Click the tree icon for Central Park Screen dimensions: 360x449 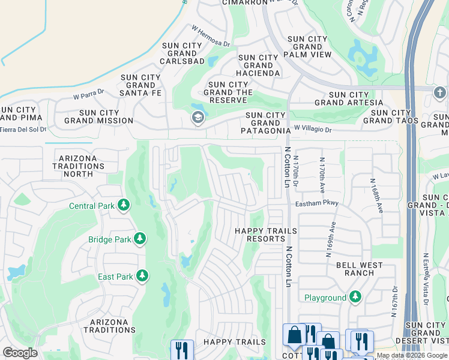[x=124, y=206]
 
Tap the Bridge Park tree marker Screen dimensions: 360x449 [x=140, y=239]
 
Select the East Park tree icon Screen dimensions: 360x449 [x=142, y=276]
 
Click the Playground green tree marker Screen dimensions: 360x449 [x=355, y=297]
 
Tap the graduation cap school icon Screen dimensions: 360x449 [x=197, y=118]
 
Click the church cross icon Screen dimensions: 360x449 [x=439, y=93]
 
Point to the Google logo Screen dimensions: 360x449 [x=20, y=353]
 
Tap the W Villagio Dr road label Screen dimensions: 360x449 [x=321, y=128]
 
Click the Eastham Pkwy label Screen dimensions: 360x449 [x=317, y=203]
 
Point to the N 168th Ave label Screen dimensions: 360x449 [x=376, y=196]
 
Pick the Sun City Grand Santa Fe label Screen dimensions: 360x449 [x=140, y=85]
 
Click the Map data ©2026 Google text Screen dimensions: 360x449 [x=412, y=355]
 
